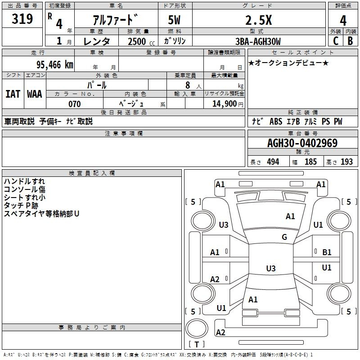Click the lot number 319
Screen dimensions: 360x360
[x=22, y=19]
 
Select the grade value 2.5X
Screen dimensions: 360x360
[x=258, y=20]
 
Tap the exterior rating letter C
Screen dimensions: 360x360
[x=335, y=41]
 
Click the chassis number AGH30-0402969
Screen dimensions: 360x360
[x=302, y=144]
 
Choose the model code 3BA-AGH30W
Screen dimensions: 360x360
[x=258, y=41]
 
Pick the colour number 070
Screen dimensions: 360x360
[x=74, y=104]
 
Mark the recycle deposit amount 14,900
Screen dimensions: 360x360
[x=227, y=104]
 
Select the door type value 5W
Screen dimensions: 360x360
[x=175, y=20]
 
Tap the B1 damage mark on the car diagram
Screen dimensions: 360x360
[x=327, y=252]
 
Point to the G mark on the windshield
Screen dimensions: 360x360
[x=284, y=237]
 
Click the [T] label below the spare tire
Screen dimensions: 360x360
[x=196, y=345]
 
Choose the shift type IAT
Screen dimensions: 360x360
[x=13, y=94]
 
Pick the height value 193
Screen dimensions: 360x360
[x=346, y=162]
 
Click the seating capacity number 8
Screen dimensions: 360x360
[x=187, y=85]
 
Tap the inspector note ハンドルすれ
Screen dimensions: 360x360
[x=24, y=181]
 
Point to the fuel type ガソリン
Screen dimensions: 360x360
[x=175, y=41]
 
